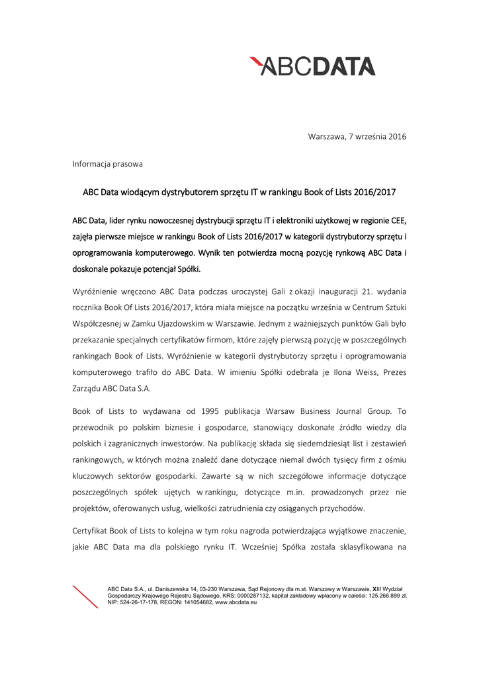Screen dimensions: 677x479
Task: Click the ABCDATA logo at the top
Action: tap(312, 66)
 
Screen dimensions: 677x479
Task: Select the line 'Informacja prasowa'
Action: tap(107, 163)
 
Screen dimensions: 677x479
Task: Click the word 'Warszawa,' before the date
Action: tap(326, 137)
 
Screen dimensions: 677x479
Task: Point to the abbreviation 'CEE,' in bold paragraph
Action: tap(394, 219)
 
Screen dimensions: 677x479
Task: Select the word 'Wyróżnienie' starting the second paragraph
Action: tap(95, 292)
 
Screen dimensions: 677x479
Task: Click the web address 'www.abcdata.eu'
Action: tap(236, 602)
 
